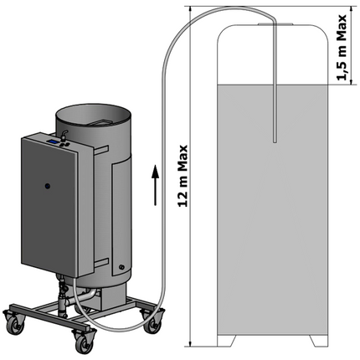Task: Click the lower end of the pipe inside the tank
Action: coord(274,140)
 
